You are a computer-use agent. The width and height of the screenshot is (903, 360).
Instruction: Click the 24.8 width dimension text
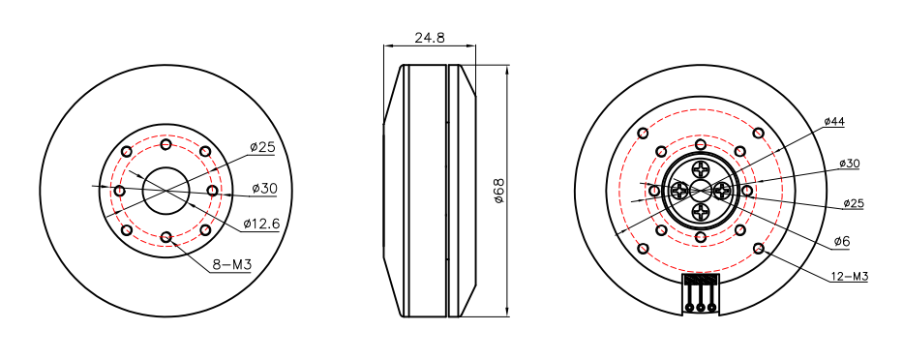pyautogui.click(x=430, y=38)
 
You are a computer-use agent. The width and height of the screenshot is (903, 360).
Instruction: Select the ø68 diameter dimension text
pyautogui.click(x=499, y=191)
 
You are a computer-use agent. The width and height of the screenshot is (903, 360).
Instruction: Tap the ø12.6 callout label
pyautogui.click(x=261, y=224)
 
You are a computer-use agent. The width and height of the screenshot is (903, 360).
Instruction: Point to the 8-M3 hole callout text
pyautogui.click(x=232, y=264)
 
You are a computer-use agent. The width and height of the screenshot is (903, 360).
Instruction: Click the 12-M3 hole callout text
pyautogui.click(x=849, y=276)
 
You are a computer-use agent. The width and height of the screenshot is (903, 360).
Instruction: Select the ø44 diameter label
pyautogui.click(x=834, y=121)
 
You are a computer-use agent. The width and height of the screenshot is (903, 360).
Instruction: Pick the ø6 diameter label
pyautogui.click(x=841, y=240)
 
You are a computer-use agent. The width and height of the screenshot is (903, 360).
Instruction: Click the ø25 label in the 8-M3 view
pyautogui.click(x=262, y=147)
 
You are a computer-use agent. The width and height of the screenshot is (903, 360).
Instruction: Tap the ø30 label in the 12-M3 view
pyautogui.click(x=848, y=164)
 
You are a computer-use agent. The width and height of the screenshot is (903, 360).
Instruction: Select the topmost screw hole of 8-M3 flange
pyautogui.click(x=166, y=144)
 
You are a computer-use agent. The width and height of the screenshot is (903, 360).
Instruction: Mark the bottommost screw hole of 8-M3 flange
pyautogui.click(x=166, y=237)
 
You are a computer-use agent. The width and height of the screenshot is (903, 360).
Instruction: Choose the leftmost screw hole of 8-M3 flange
pyautogui.click(x=120, y=191)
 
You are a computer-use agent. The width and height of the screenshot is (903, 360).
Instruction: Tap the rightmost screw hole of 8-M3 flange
pyautogui.click(x=213, y=191)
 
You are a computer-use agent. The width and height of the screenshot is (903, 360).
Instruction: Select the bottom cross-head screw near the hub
pyautogui.click(x=701, y=212)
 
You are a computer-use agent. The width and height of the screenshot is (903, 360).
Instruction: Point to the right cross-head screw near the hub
pyautogui.click(x=721, y=192)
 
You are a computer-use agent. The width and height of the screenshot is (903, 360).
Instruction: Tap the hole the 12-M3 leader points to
pyautogui.click(x=758, y=249)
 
